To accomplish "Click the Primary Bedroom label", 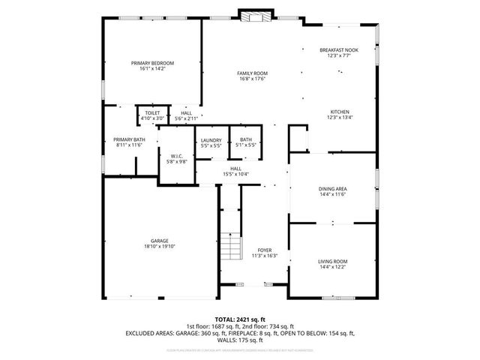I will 152,63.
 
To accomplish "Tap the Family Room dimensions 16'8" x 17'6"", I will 253,79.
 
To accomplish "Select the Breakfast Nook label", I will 339,49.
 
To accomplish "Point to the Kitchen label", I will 339,111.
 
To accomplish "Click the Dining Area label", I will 331,188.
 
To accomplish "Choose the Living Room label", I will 331,261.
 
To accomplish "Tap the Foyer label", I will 264,250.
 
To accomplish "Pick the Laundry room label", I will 210,139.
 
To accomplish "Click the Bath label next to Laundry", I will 246,139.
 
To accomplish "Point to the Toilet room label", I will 152,112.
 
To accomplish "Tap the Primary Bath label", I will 129,139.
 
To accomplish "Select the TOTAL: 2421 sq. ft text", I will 239,319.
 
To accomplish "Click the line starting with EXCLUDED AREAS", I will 239,332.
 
